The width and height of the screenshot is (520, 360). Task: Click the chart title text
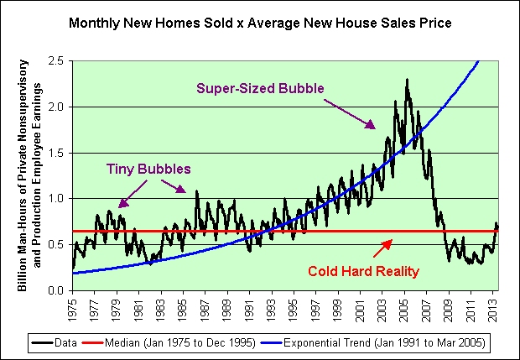260,23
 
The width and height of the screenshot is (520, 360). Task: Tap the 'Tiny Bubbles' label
148,169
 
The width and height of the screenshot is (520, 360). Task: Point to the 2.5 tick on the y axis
57,61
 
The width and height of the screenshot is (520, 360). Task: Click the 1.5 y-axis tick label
57,153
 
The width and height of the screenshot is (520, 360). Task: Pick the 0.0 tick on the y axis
57,290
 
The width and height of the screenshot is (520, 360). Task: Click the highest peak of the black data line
407,80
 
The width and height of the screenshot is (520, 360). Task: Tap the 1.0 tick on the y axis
57,199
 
